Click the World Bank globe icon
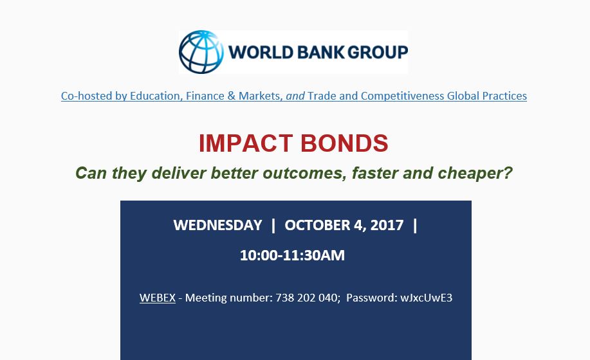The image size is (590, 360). (x=201, y=52)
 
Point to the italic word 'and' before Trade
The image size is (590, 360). (x=295, y=96)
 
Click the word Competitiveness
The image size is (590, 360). (x=403, y=96)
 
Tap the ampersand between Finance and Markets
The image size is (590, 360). (x=232, y=96)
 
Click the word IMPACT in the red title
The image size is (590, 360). (x=246, y=143)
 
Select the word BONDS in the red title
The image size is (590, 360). (x=344, y=143)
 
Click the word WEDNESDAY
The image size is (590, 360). (x=217, y=226)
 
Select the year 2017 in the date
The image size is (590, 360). (x=387, y=226)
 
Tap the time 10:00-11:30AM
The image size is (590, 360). (x=292, y=255)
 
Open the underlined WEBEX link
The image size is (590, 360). (x=158, y=298)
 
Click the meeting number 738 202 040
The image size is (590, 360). (x=307, y=298)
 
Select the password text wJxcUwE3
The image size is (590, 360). (x=427, y=298)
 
